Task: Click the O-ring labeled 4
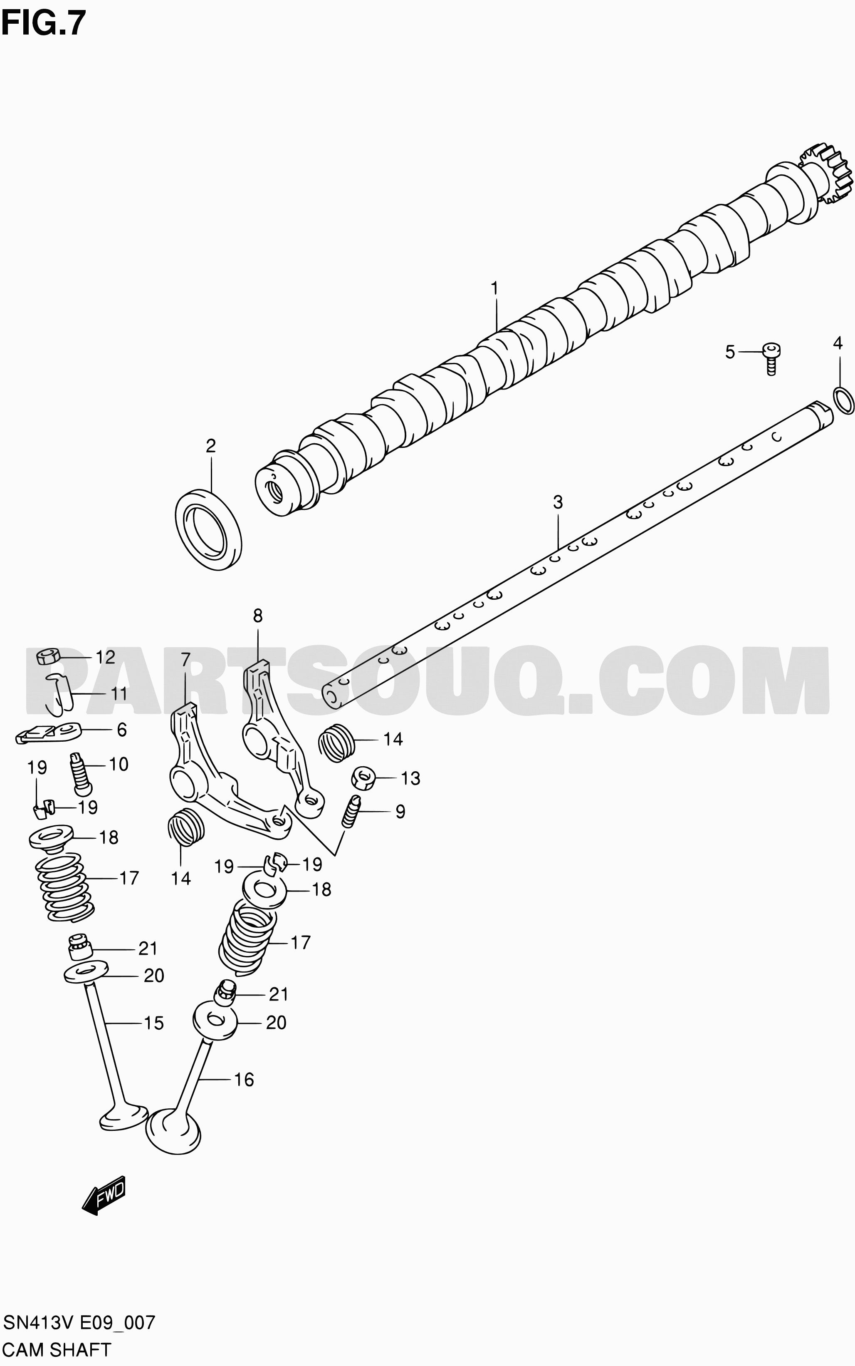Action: pos(843,401)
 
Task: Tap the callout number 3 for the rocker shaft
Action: pos(558,502)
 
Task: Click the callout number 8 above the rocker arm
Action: pos(258,615)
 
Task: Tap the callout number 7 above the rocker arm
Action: pos(185,659)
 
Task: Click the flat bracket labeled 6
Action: pos(49,733)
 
